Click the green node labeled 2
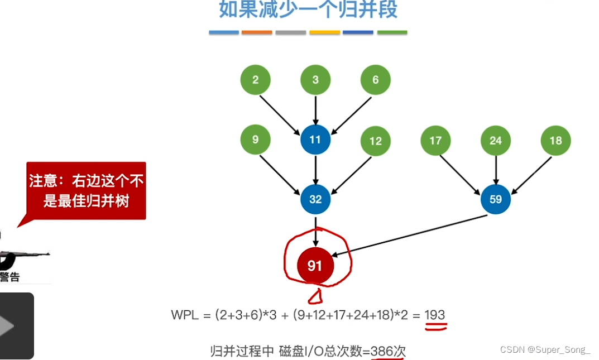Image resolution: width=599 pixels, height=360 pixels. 255,80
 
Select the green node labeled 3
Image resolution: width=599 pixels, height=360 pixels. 315,80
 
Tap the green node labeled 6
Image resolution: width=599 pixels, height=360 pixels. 375,80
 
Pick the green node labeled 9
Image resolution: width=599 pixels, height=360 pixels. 255,140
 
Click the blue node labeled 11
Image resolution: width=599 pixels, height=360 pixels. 315,140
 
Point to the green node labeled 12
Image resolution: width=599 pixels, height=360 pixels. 375,141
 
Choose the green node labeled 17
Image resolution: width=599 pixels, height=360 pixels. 435,141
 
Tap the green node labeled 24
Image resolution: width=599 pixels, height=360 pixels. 496,141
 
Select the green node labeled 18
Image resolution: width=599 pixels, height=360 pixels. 555,141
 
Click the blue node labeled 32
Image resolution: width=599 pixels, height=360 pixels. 315,199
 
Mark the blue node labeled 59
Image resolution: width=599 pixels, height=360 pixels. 496,199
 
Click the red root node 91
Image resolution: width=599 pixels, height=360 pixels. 315,266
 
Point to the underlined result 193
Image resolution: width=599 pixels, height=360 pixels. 435,315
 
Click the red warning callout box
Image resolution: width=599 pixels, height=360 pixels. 87,190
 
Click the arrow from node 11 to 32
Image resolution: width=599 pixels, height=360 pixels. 315,170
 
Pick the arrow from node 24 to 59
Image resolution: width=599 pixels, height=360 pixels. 496,170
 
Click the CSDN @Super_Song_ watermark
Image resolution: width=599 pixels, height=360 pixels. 545,350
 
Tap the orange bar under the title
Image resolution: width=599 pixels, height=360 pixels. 257,33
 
